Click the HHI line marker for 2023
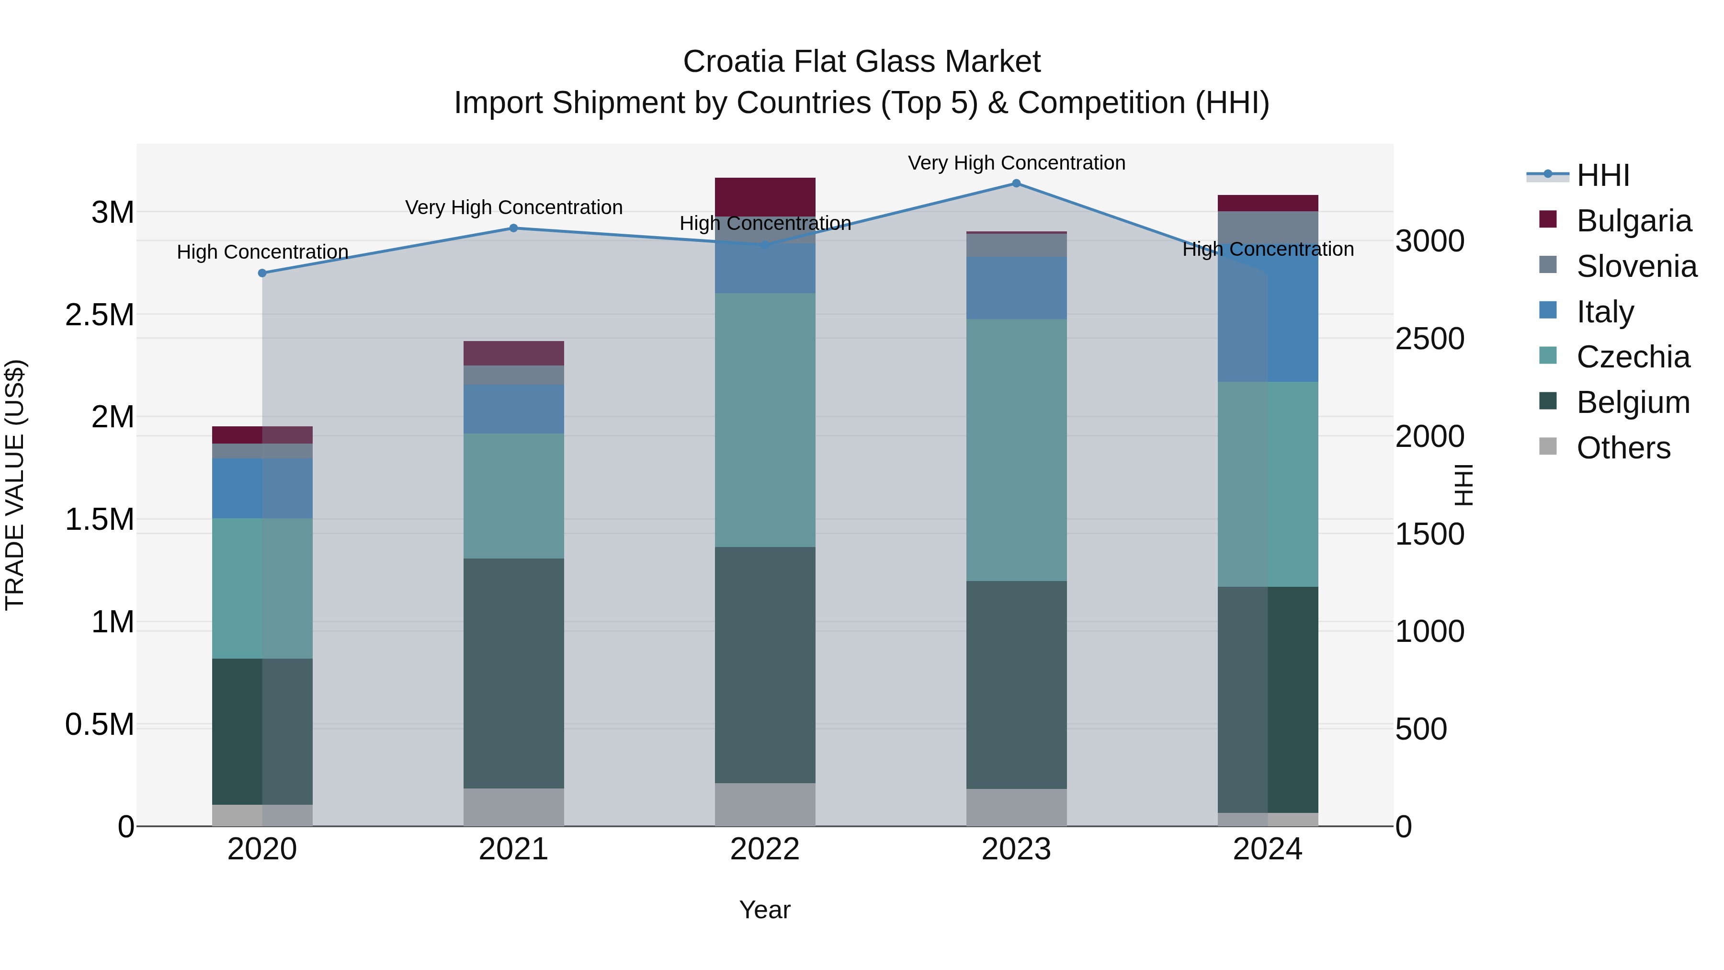(1016, 183)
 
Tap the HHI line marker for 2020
(262, 273)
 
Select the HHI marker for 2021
(513, 228)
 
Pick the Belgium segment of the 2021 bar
(513, 673)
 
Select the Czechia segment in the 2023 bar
(1016, 450)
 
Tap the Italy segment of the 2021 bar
(513, 409)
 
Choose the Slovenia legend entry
(1636, 266)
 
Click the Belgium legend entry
(1633, 402)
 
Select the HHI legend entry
(1602, 175)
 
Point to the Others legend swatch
(1548, 446)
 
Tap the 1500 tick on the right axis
(1429, 534)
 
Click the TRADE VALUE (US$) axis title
(15, 485)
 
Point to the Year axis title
(765, 910)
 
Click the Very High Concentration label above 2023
(1016, 163)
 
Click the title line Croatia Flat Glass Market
(862, 62)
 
